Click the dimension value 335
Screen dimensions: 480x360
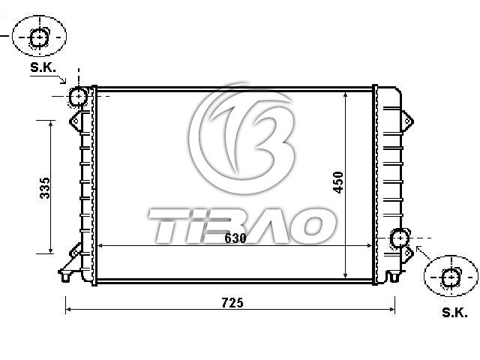(x=45, y=187)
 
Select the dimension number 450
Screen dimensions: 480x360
(x=338, y=182)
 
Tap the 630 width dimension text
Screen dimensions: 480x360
(x=235, y=238)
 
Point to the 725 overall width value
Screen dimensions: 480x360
(x=232, y=303)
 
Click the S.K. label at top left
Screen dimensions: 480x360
(x=43, y=67)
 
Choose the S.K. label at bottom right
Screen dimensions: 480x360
(x=455, y=313)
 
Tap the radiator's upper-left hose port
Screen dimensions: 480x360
(x=78, y=96)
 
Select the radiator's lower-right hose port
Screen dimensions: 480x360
(x=400, y=238)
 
